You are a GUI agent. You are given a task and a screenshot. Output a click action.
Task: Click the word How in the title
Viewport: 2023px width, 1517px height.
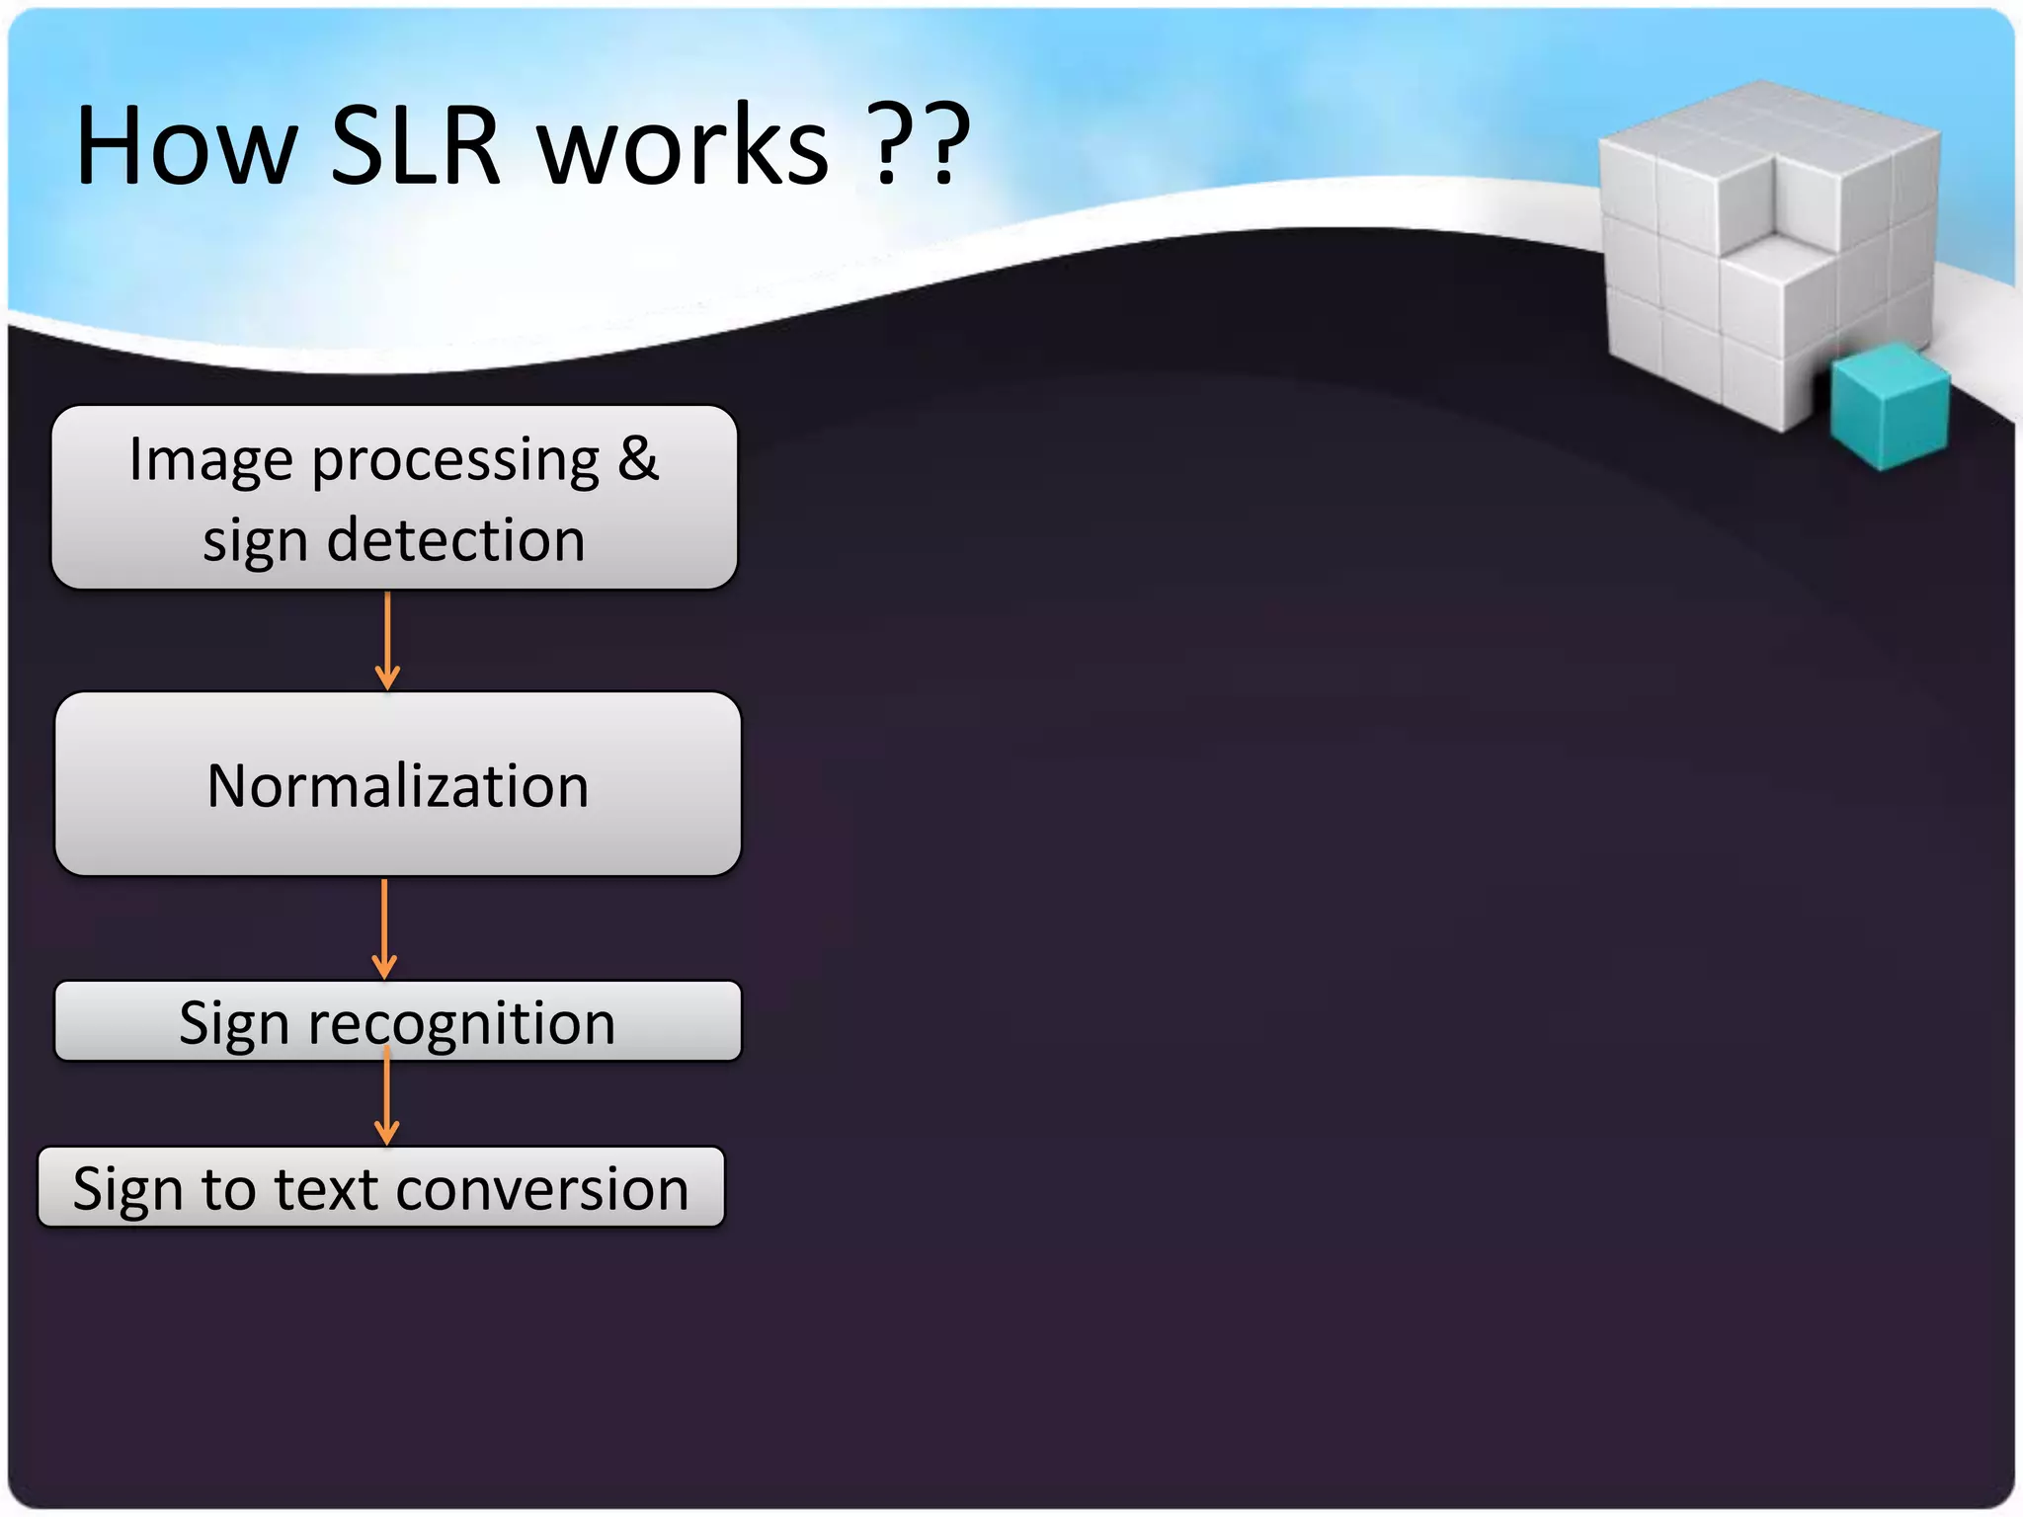coord(186,146)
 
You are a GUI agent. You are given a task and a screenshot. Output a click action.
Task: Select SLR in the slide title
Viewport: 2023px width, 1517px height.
coord(415,146)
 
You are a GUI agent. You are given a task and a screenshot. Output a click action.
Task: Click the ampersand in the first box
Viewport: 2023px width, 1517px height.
coord(638,458)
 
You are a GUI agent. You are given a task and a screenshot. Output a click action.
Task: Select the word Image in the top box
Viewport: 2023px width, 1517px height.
coord(210,460)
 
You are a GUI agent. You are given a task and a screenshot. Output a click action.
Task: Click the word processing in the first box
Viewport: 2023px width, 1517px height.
coord(455,462)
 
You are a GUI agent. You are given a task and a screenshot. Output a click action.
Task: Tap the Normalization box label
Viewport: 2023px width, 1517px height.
coord(397,786)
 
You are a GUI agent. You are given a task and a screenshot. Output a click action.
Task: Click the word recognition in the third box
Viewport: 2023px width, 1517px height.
coord(461,1023)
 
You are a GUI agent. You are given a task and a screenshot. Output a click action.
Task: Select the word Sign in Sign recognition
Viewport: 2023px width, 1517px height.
coord(233,1023)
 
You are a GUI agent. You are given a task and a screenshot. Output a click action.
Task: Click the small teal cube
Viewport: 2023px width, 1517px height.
coord(1889,405)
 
